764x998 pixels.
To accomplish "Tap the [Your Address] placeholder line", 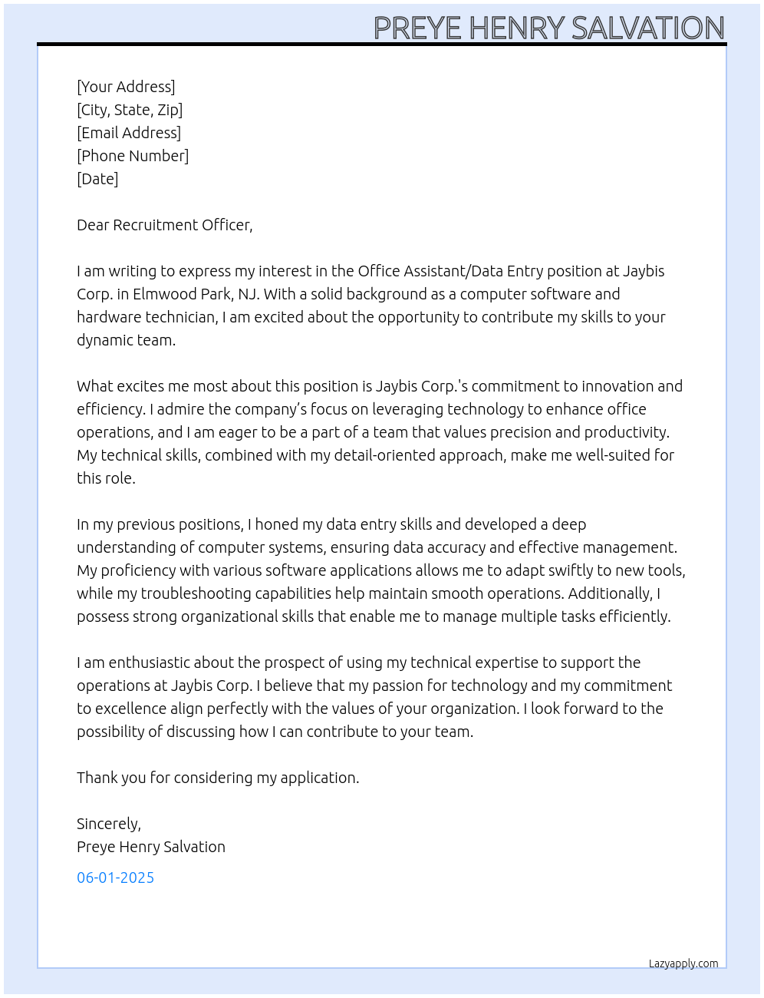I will (126, 87).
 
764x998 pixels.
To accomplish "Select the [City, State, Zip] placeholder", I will (130, 110).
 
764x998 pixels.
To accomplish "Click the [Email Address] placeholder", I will (129, 133).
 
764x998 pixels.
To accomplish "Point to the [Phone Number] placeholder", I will (133, 156).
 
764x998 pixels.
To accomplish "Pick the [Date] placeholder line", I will (97, 179).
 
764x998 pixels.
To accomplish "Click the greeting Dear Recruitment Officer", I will (164, 225).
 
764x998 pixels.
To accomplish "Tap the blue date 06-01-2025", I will (115, 877).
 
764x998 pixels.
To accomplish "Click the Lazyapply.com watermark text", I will (683, 963).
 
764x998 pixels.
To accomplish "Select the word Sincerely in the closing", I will (108, 824).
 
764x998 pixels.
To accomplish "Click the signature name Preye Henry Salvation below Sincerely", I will (151, 847).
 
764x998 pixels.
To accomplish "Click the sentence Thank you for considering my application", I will (218, 778).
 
